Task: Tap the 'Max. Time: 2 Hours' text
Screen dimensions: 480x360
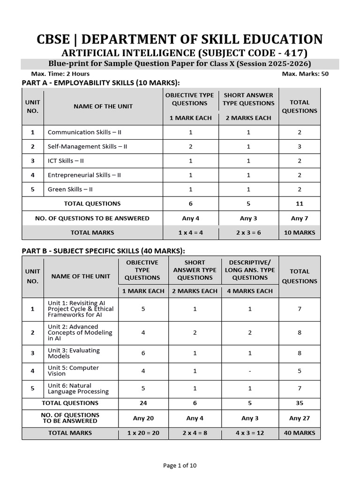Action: point(60,74)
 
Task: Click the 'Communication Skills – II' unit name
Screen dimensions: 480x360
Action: point(84,132)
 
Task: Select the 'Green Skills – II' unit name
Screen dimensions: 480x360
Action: point(71,189)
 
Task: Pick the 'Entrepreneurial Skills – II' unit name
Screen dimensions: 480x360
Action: point(84,175)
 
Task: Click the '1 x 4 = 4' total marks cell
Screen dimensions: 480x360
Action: point(191,232)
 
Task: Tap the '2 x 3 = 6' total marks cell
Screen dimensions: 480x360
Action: point(248,232)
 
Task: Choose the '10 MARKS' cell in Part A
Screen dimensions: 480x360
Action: point(300,232)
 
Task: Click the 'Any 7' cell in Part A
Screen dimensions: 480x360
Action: point(300,218)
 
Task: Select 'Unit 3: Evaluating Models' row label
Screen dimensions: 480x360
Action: point(74,353)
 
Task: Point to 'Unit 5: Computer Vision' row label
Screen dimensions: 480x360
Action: point(73,371)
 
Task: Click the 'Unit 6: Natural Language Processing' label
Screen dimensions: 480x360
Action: point(78,389)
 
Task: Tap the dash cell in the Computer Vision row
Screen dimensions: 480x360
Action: point(250,371)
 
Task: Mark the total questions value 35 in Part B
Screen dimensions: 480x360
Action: point(300,403)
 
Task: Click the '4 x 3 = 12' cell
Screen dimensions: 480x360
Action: point(250,433)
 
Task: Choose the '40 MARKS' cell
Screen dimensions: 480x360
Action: point(300,433)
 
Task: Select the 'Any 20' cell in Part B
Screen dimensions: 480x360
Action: point(143,418)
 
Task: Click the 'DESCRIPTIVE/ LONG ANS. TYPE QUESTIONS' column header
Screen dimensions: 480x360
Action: point(250,270)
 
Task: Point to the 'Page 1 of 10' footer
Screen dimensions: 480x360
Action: point(180,465)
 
